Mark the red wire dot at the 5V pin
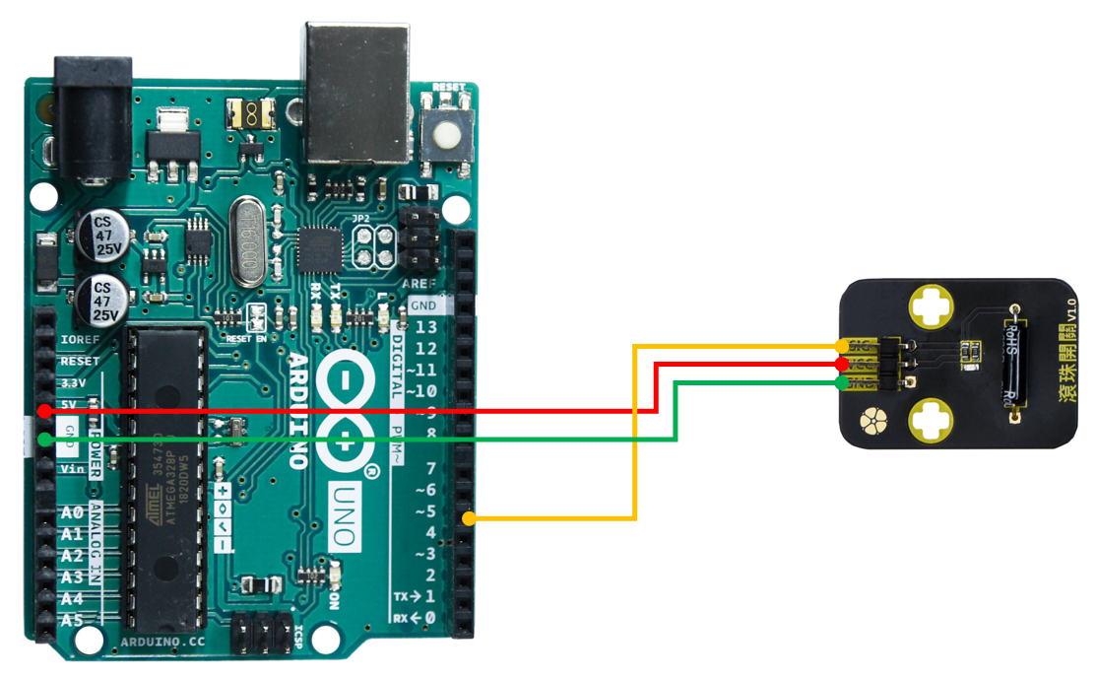pyautogui.click(x=44, y=410)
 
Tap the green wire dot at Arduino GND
pyautogui.click(x=44, y=440)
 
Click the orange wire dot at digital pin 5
pyautogui.click(x=470, y=518)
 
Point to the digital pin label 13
pyautogui.click(x=425, y=328)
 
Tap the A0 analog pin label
pyautogui.click(x=72, y=513)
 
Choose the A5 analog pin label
pyautogui.click(x=72, y=620)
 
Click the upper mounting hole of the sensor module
pyautogui.click(x=930, y=307)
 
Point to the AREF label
pyautogui.click(x=419, y=284)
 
